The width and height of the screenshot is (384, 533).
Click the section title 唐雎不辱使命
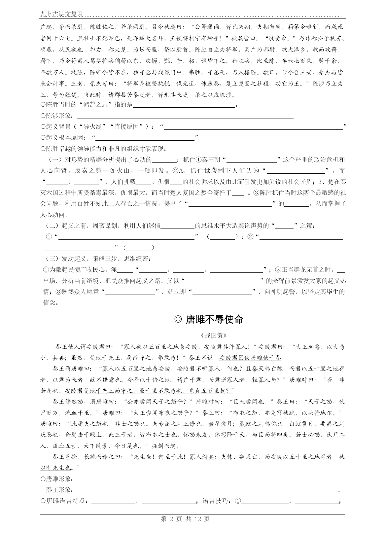(x=215, y=319)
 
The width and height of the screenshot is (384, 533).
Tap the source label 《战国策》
(x=213, y=335)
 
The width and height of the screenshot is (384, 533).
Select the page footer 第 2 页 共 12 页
(x=185, y=519)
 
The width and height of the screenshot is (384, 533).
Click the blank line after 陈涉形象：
(x=185, y=116)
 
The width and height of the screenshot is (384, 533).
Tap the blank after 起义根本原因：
(x=145, y=138)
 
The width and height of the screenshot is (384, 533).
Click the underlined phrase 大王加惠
(x=308, y=347)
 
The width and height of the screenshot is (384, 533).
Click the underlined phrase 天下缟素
(x=95, y=446)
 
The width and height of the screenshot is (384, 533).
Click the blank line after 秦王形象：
(x=207, y=490)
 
